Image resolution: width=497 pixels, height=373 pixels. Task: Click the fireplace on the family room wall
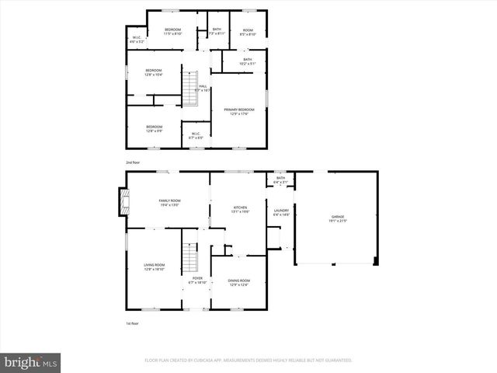pyautogui.click(x=123, y=204)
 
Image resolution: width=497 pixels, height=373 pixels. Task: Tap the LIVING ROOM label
pyautogui.click(x=154, y=267)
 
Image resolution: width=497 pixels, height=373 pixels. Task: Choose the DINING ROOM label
pyautogui.click(x=239, y=282)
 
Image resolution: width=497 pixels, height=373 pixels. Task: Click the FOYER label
pyautogui.click(x=198, y=280)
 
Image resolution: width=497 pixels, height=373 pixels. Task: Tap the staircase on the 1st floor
pyautogui.click(x=188, y=256)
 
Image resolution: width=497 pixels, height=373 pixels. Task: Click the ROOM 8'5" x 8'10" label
pyautogui.click(x=248, y=32)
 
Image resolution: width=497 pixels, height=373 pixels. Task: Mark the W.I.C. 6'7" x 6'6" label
pyautogui.click(x=196, y=135)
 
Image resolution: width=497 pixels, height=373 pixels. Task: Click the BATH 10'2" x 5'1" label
pyautogui.click(x=247, y=61)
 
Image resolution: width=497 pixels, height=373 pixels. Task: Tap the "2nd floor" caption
pyautogui.click(x=133, y=162)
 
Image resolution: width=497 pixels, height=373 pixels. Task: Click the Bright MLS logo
pyautogui.click(x=31, y=362)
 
